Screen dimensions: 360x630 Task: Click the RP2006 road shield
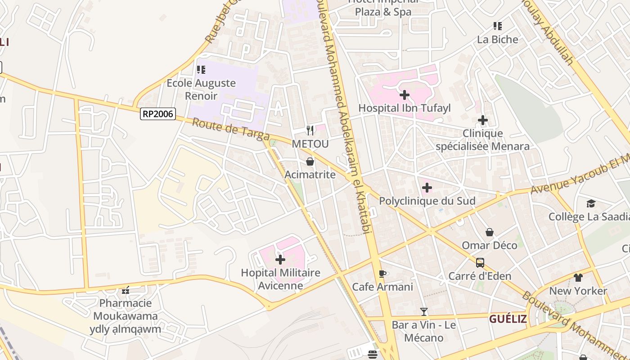157,114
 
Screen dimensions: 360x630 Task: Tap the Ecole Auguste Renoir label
201,89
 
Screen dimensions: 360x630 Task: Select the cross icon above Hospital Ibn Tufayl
404,95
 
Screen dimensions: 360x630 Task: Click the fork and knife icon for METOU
310,130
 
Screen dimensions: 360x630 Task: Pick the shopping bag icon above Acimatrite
310,162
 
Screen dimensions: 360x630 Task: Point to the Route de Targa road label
231,130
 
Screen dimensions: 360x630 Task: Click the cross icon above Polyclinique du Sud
427,188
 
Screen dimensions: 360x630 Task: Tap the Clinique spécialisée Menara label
482,140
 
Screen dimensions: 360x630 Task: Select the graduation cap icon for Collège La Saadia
591,204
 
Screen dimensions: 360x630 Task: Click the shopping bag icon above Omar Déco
489,232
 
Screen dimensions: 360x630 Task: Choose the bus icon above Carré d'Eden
480,262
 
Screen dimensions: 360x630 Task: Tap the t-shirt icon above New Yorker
578,278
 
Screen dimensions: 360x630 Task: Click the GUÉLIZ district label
508,319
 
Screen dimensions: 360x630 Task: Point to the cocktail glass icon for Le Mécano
423,311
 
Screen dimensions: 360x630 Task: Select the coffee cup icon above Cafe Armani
382,274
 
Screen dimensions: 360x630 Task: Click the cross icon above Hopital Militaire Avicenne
280,260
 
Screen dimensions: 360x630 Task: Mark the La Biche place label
498,40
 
